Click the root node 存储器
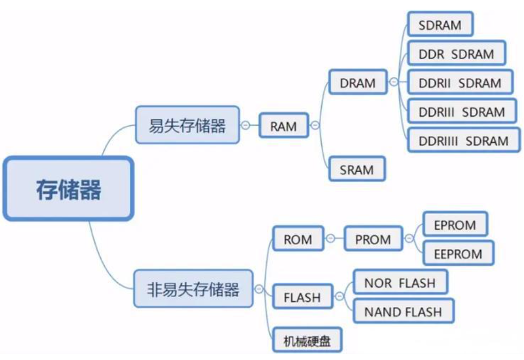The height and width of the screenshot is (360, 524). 68,189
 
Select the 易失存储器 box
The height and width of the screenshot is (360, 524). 187,125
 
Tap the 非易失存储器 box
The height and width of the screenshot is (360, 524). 193,289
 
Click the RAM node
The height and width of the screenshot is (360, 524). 283,126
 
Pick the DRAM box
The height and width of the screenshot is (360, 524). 357,83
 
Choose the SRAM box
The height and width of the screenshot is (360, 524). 356,169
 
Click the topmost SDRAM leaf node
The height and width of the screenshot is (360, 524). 440,24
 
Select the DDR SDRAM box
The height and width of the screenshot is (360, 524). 456,54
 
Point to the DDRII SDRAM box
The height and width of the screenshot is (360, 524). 460,83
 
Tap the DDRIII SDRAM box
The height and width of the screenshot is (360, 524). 461,112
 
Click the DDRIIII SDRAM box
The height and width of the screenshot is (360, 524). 463,141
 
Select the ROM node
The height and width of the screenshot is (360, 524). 298,239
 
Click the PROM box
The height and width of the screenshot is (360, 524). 373,239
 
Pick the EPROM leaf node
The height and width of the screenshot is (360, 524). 455,224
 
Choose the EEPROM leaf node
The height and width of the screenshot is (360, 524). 458,253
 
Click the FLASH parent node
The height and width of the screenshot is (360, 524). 302,297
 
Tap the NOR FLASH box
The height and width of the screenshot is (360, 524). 400,283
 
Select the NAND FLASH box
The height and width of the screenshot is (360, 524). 403,312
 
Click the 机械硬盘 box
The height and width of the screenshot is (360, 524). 307,340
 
